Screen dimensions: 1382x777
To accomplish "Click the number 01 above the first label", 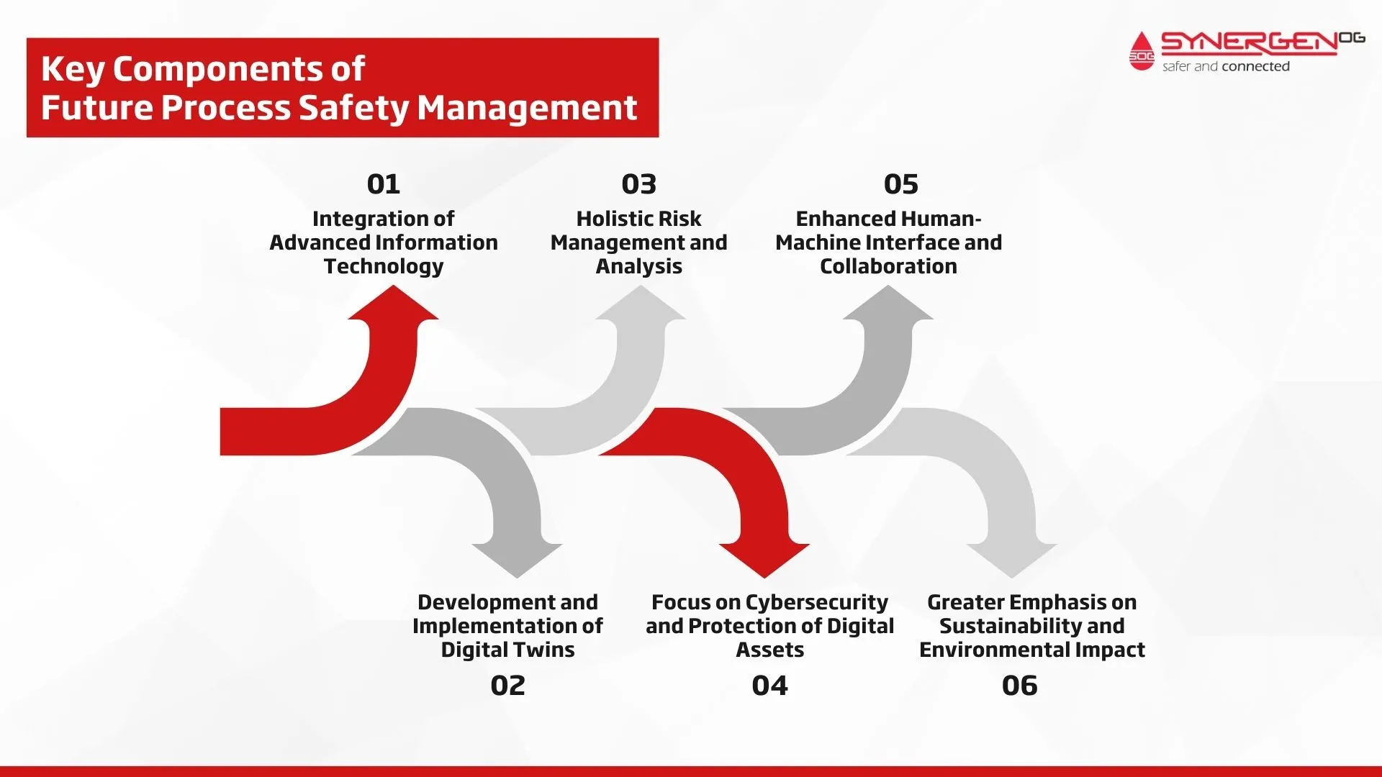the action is point(383,184).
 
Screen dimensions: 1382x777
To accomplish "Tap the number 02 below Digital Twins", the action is point(507,686).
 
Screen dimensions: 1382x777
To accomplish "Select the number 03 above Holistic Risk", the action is point(639,184).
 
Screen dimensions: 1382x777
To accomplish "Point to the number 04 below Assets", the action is point(769,686).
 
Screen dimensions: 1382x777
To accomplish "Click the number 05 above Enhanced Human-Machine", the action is point(901,184).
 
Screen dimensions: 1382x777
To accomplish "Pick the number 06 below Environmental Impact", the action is point(1019,686).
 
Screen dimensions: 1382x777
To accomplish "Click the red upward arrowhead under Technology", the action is point(393,304).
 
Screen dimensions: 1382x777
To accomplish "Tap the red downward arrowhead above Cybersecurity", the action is point(764,560).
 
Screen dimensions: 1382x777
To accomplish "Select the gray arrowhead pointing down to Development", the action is point(517,560).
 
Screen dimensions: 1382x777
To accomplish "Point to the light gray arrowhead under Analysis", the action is point(641,304).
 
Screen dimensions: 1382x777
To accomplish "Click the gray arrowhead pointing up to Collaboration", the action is point(888,304).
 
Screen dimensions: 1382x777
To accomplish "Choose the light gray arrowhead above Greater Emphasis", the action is point(1012,560).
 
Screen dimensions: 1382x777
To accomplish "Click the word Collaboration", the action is point(888,266).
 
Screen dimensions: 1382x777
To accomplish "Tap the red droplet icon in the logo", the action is point(1142,52).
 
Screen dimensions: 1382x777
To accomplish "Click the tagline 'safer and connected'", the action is point(1226,66).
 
